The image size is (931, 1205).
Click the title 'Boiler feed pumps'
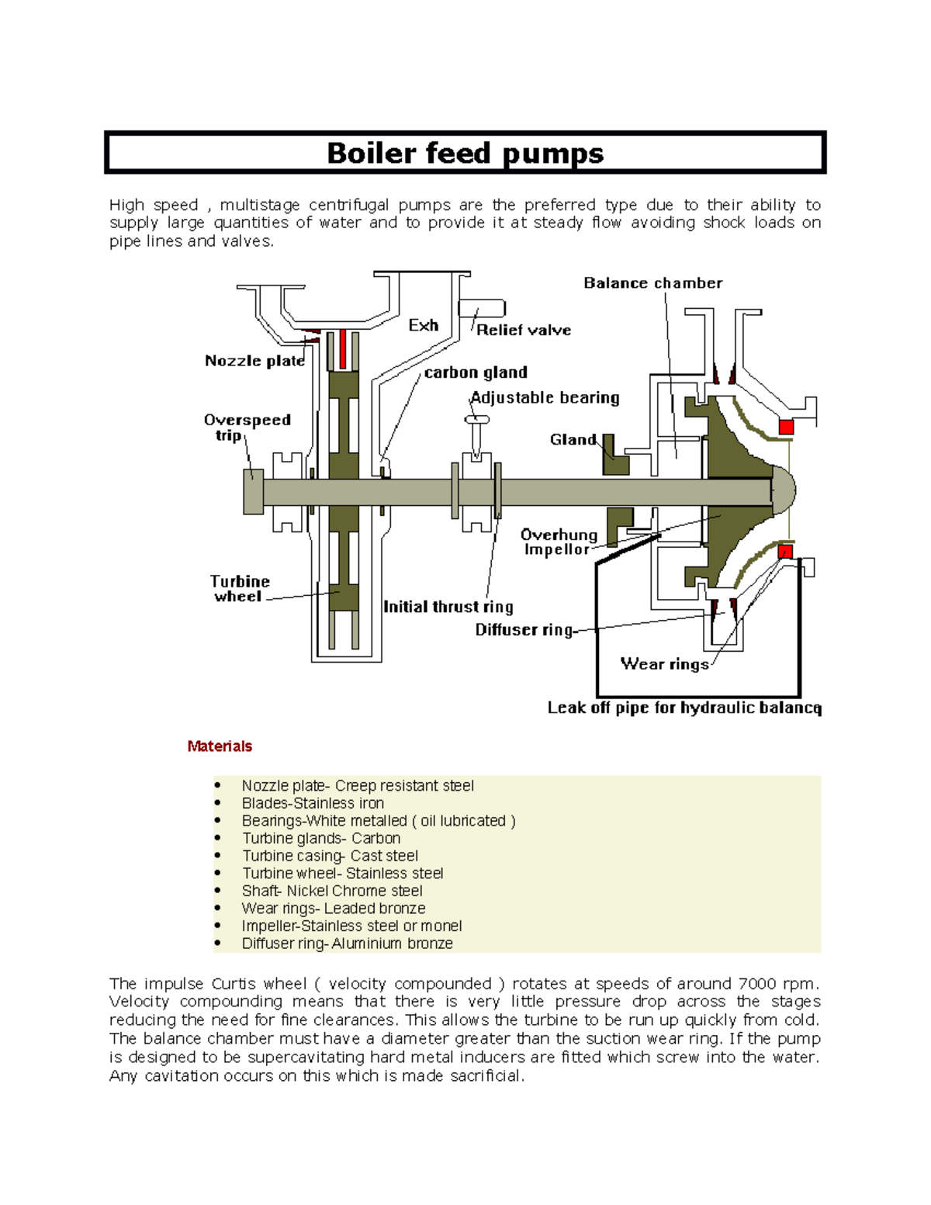coord(465,153)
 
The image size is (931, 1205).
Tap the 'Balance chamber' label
coord(652,283)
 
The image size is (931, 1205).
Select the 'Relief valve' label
coord(524,330)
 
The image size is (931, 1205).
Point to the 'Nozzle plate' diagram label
coord(254,361)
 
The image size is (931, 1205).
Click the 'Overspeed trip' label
coord(247,428)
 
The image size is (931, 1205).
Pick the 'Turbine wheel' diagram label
coord(240,589)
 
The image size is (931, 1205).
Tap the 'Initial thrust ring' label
coord(448,607)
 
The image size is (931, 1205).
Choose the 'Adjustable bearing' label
coord(545,398)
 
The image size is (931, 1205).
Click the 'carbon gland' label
coord(476,372)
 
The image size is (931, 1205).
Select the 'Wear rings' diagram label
coord(665,664)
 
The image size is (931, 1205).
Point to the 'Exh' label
coord(424,325)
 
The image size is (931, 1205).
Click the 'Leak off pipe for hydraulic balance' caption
coord(684,708)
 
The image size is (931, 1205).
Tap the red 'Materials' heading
coord(220,746)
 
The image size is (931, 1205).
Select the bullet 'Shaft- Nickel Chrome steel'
coord(332,891)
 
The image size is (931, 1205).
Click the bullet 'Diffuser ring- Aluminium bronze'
coord(347,944)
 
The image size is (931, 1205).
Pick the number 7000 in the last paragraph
coord(756,984)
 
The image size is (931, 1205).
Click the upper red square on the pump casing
coord(786,427)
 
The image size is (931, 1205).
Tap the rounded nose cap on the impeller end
coord(784,490)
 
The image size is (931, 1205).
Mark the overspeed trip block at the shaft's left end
coord(253,492)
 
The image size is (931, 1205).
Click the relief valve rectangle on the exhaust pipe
coord(482,308)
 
